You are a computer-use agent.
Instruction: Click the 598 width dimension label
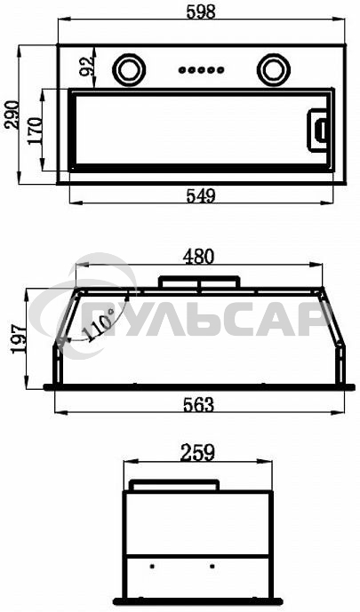click(201, 12)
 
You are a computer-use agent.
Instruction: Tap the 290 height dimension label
click(12, 115)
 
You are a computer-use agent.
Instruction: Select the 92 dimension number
click(87, 66)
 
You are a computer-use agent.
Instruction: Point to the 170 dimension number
click(35, 131)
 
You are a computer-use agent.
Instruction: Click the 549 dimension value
click(201, 196)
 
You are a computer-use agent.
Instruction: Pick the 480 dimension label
click(199, 257)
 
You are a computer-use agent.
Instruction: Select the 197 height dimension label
click(19, 338)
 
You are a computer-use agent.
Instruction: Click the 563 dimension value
click(199, 405)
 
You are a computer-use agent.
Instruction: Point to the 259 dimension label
click(198, 453)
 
